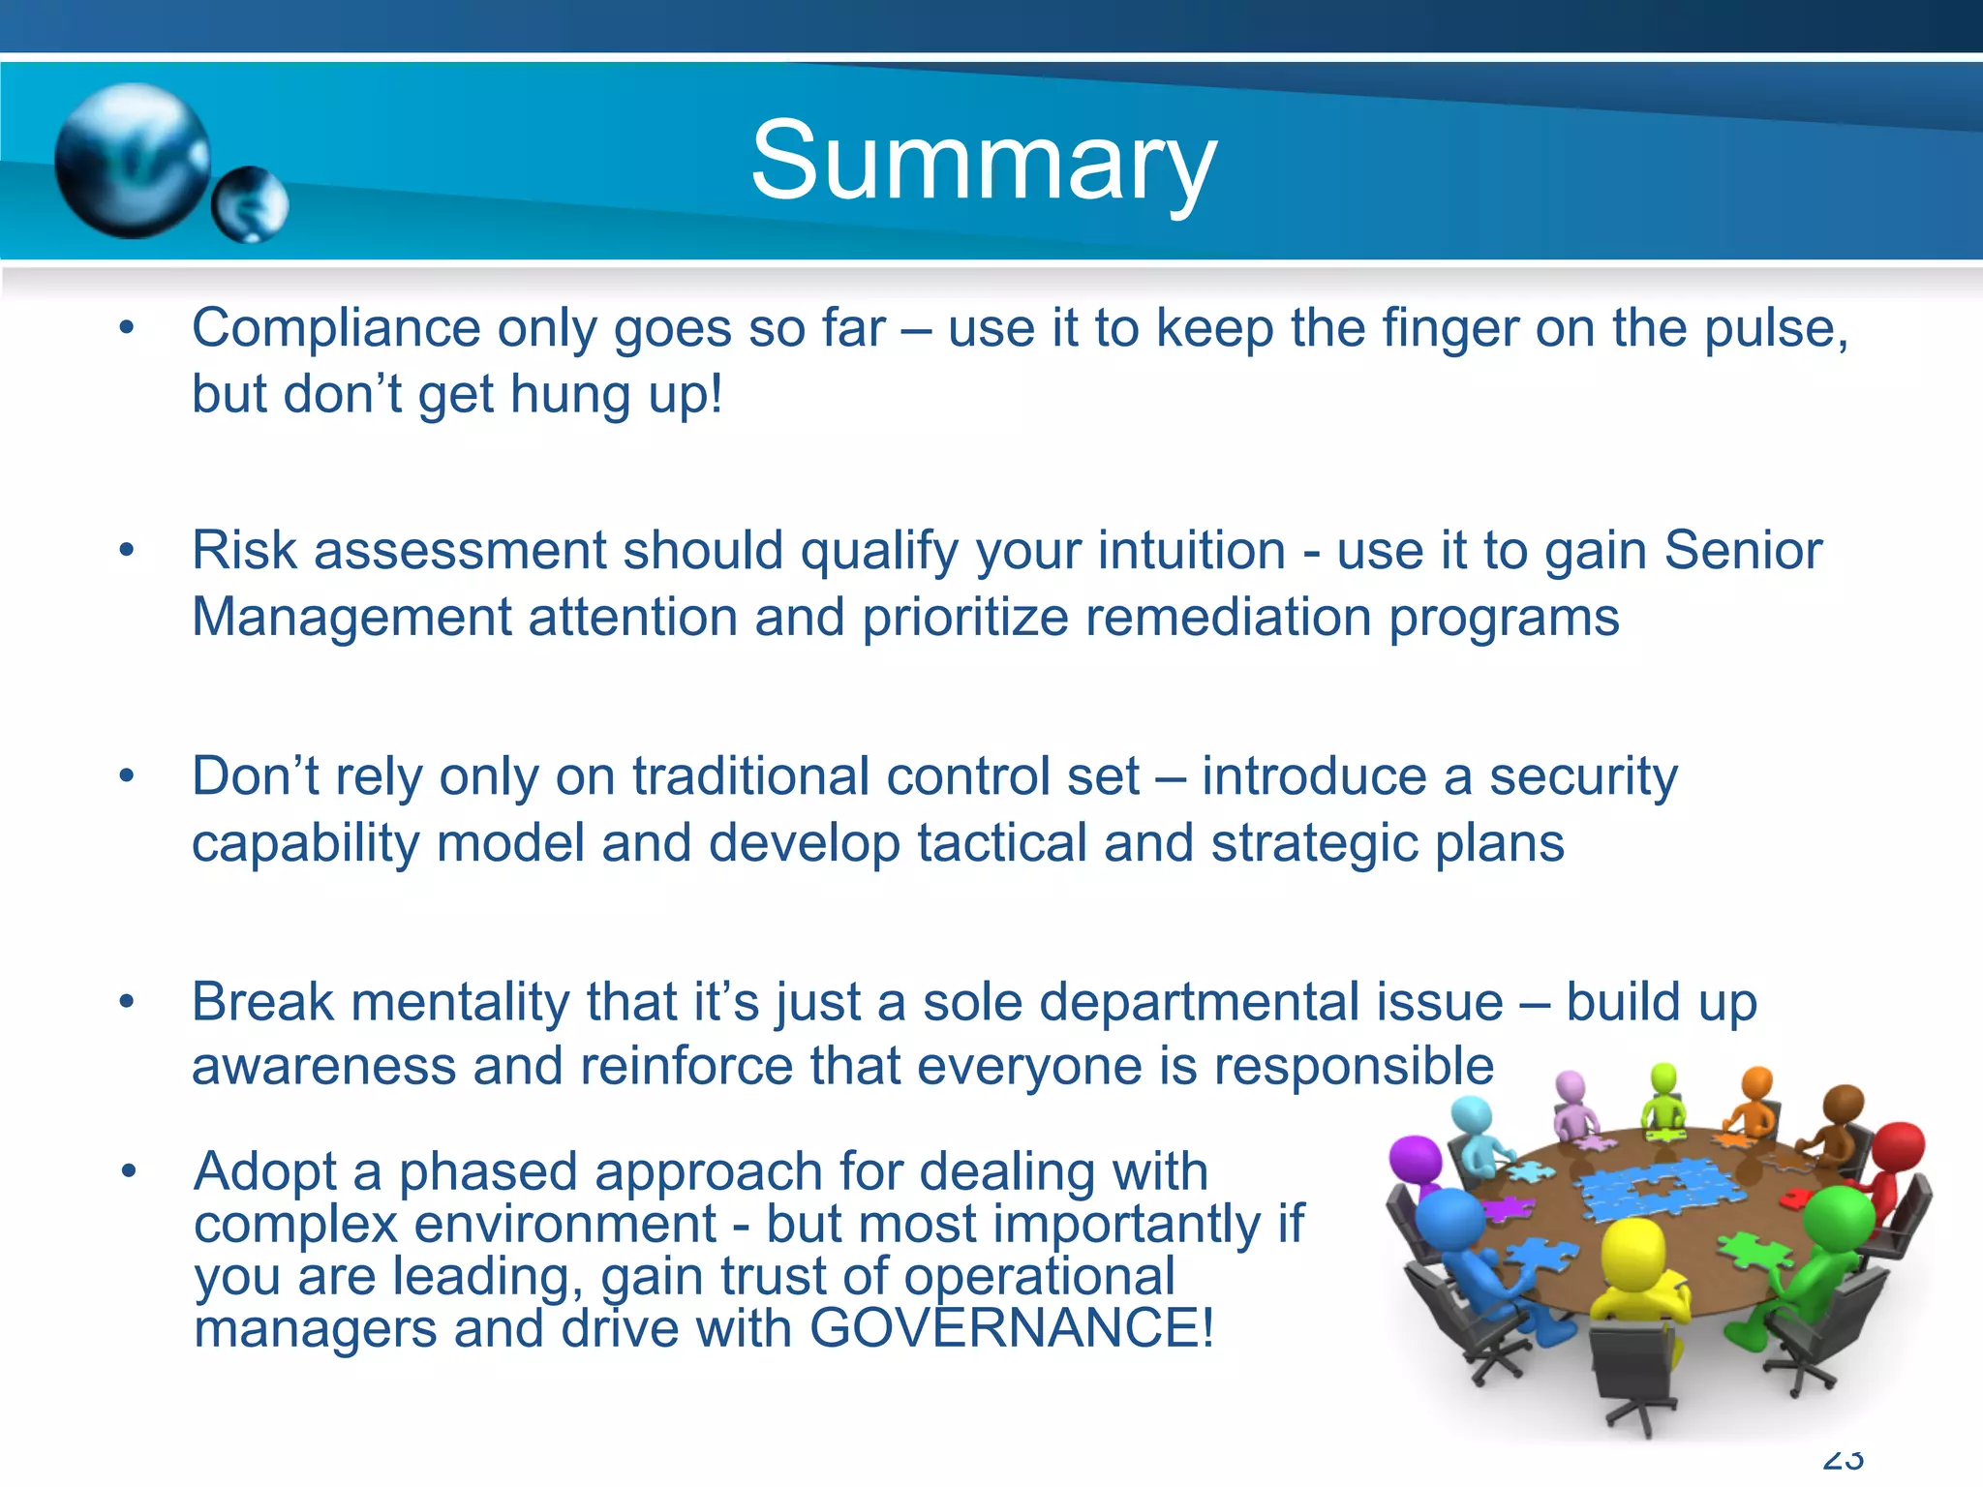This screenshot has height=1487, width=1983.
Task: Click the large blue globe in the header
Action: pos(132,161)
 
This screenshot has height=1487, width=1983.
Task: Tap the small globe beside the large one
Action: pos(251,204)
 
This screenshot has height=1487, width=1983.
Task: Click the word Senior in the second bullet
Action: pos(1742,552)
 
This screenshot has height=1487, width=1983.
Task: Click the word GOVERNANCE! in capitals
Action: pos(1011,1328)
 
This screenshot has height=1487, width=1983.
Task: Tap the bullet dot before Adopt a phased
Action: pos(128,1172)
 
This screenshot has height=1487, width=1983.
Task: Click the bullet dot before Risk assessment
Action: pos(126,551)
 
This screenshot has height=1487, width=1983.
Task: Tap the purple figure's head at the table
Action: pos(1416,1158)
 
